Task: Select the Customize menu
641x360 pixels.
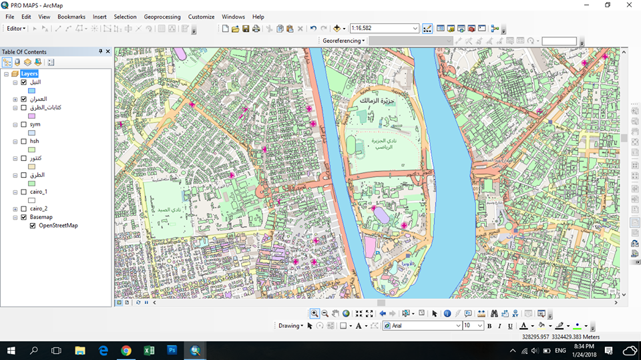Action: pyautogui.click(x=201, y=17)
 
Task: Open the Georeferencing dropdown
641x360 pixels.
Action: pyautogui.click(x=344, y=41)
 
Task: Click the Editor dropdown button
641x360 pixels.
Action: pyautogui.click(x=15, y=29)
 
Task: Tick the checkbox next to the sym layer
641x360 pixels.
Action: pyautogui.click(x=23, y=124)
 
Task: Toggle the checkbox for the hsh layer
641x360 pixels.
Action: pyautogui.click(x=23, y=142)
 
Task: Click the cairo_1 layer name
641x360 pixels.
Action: pyautogui.click(x=39, y=192)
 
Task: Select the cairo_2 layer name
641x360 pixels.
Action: pyautogui.click(x=39, y=208)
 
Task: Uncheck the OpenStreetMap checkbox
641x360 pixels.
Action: pyautogui.click(x=33, y=226)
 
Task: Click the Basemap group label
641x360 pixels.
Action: pyautogui.click(x=41, y=217)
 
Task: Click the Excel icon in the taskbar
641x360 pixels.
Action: pyautogui.click(x=150, y=350)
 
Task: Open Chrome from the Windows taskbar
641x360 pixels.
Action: pyautogui.click(x=126, y=350)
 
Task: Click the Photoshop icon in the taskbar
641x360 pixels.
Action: pyautogui.click(x=172, y=350)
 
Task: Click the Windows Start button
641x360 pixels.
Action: pyautogui.click(x=11, y=350)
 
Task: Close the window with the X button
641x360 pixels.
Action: pyautogui.click(x=629, y=5)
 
